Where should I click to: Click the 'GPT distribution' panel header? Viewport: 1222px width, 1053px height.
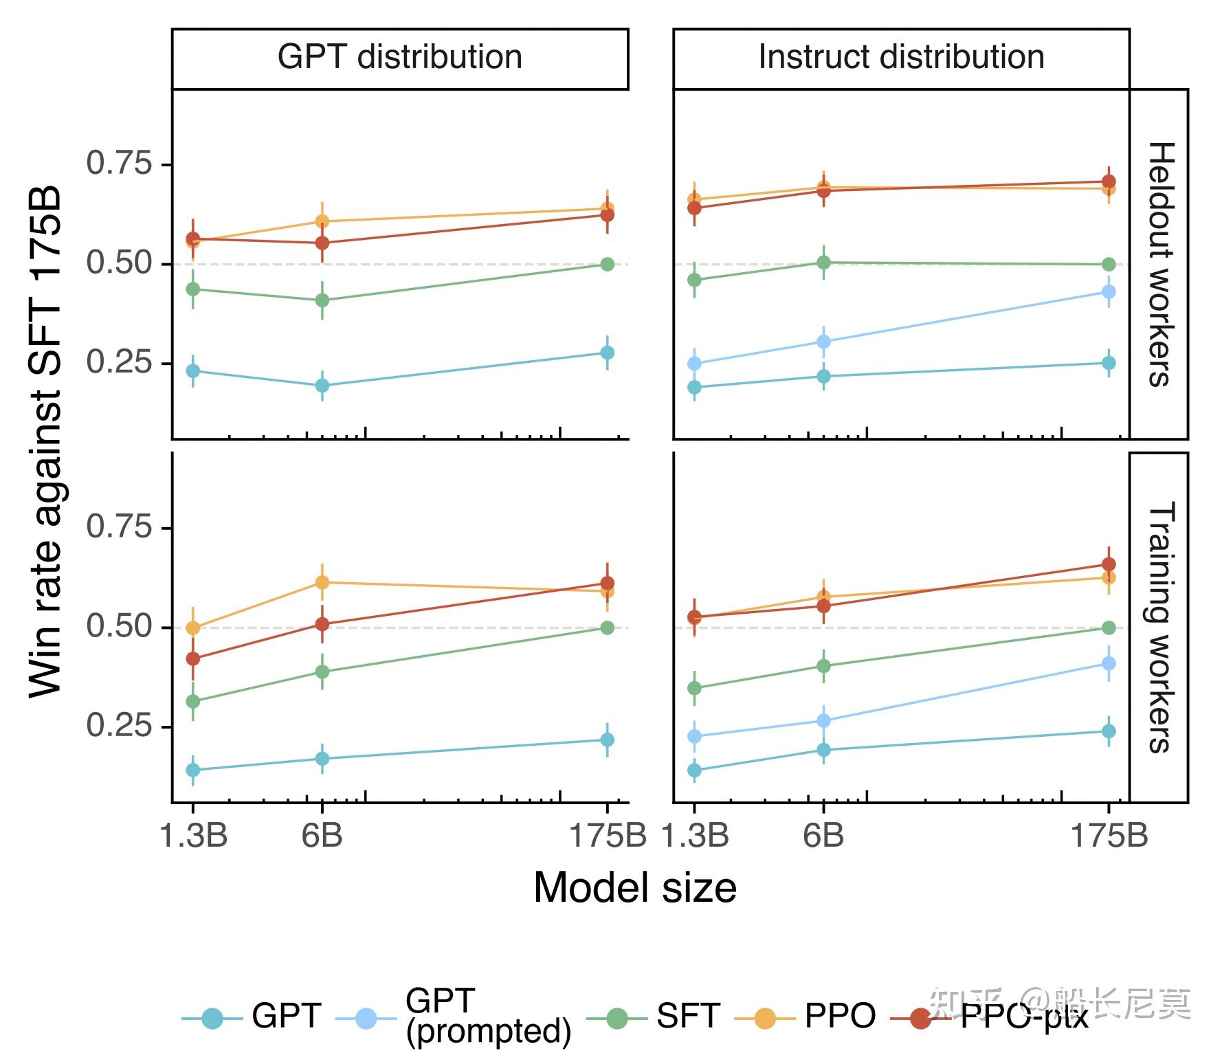click(399, 58)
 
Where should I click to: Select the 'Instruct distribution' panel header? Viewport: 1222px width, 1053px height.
click(900, 58)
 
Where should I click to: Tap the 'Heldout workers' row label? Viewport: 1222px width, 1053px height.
click(1159, 264)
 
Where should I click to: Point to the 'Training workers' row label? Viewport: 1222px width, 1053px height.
click(1159, 627)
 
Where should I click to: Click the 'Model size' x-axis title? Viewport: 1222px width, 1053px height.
click(634, 887)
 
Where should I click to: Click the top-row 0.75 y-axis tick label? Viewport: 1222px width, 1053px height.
click(118, 164)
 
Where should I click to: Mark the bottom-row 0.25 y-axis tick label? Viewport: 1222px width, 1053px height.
click(118, 726)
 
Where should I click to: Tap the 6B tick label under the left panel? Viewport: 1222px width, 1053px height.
click(322, 836)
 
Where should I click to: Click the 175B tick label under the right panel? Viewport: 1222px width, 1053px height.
click(1109, 836)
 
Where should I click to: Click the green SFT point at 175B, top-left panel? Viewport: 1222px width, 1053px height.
click(607, 264)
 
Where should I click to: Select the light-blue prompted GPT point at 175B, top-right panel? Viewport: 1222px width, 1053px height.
click(1109, 291)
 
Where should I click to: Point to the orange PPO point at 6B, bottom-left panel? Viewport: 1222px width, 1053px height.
click(322, 582)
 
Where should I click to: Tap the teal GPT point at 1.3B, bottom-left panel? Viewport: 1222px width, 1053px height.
click(193, 770)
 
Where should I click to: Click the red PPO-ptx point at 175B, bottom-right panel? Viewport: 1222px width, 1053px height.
click(1109, 564)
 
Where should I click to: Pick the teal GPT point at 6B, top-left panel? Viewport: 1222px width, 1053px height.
click(322, 386)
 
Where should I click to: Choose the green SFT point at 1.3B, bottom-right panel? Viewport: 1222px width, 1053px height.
click(694, 688)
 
